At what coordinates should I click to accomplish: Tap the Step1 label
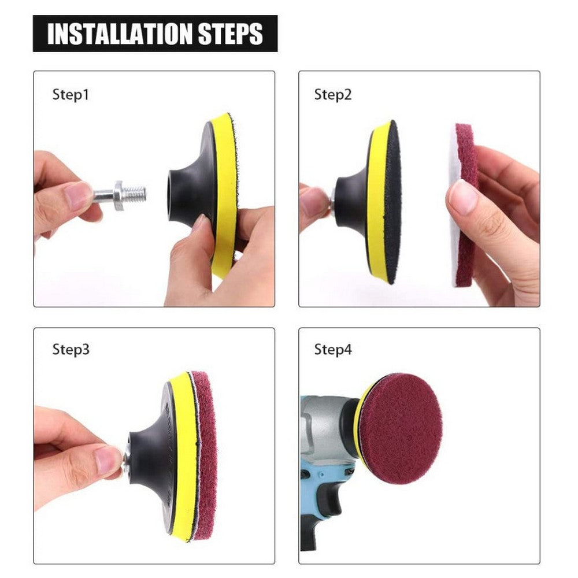pyautogui.click(x=71, y=95)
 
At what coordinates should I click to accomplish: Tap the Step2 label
pyautogui.click(x=332, y=95)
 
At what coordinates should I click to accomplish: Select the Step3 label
pyautogui.click(x=71, y=350)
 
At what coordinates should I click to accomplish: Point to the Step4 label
pyautogui.click(x=332, y=350)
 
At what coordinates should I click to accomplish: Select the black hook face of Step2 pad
pyautogui.click(x=392, y=202)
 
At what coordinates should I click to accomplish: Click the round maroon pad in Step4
pyautogui.click(x=400, y=420)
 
